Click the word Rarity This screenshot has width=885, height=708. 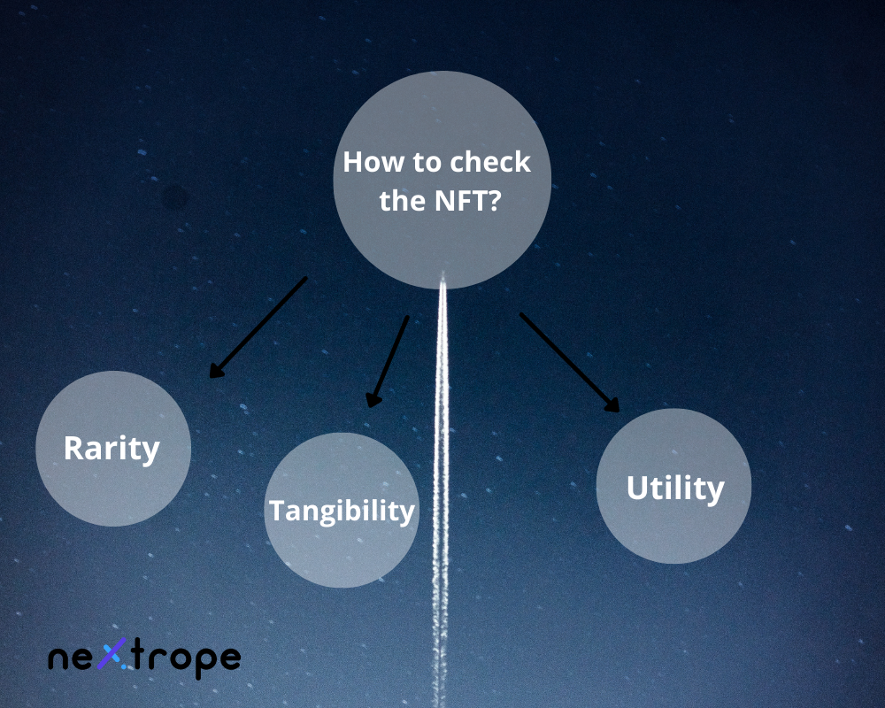click(x=112, y=448)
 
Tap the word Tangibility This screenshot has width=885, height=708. click(x=342, y=511)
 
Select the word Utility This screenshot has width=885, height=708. click(x=674, y=488)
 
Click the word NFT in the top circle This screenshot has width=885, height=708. click(x=460, y=201)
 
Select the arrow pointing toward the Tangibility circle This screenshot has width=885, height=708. click(x=389, y=361)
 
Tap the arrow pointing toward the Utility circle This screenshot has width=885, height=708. click(x=569, y=362)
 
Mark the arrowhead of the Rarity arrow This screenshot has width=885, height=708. click(x=215, y=371)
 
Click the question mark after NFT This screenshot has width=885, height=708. click(x=496, y=201)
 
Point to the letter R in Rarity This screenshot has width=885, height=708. click(x=74, y=448)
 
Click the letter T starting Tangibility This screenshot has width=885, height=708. click(x=276, y=511)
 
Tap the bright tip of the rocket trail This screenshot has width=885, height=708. click(x=442, y=276)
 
